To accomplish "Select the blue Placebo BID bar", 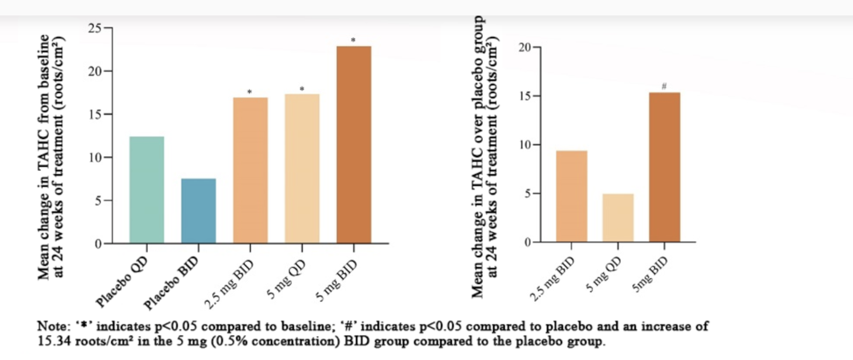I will pos(198,211).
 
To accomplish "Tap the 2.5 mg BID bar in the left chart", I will pos(250,171).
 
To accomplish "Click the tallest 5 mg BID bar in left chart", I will pos(353,145).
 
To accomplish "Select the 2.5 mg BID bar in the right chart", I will pos(572,196).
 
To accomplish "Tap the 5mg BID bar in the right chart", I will pos(664,167).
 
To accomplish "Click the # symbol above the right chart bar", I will pos(664,84).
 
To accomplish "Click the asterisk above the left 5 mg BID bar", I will pos(353,39).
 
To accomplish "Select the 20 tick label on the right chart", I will pos(523,47).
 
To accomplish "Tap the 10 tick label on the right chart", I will pos(523,145).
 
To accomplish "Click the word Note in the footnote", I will pos(50,327).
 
